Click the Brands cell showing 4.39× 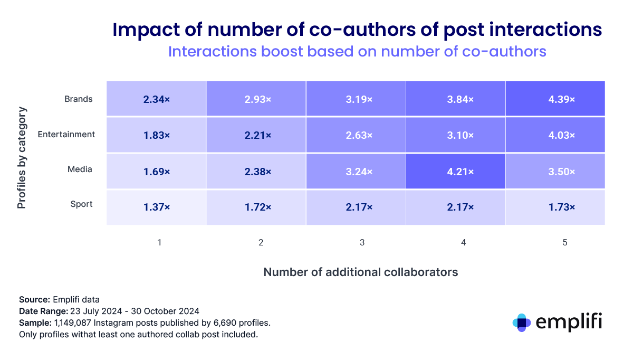(555, 99)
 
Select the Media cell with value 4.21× (455, 171)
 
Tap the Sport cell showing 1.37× (156, 207)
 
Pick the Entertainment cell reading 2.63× (356, 136)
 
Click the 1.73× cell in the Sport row (555, 207)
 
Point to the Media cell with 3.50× (555, 171)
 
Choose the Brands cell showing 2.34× (156, 99)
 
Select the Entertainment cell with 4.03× (555, 136)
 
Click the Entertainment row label (66, 134)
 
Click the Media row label (80, 169)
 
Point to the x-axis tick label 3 (361, 243)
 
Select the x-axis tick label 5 (564, 243)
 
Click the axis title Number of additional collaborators (360, 272)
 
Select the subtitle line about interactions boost (356, 52)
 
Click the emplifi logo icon (522, 322)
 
